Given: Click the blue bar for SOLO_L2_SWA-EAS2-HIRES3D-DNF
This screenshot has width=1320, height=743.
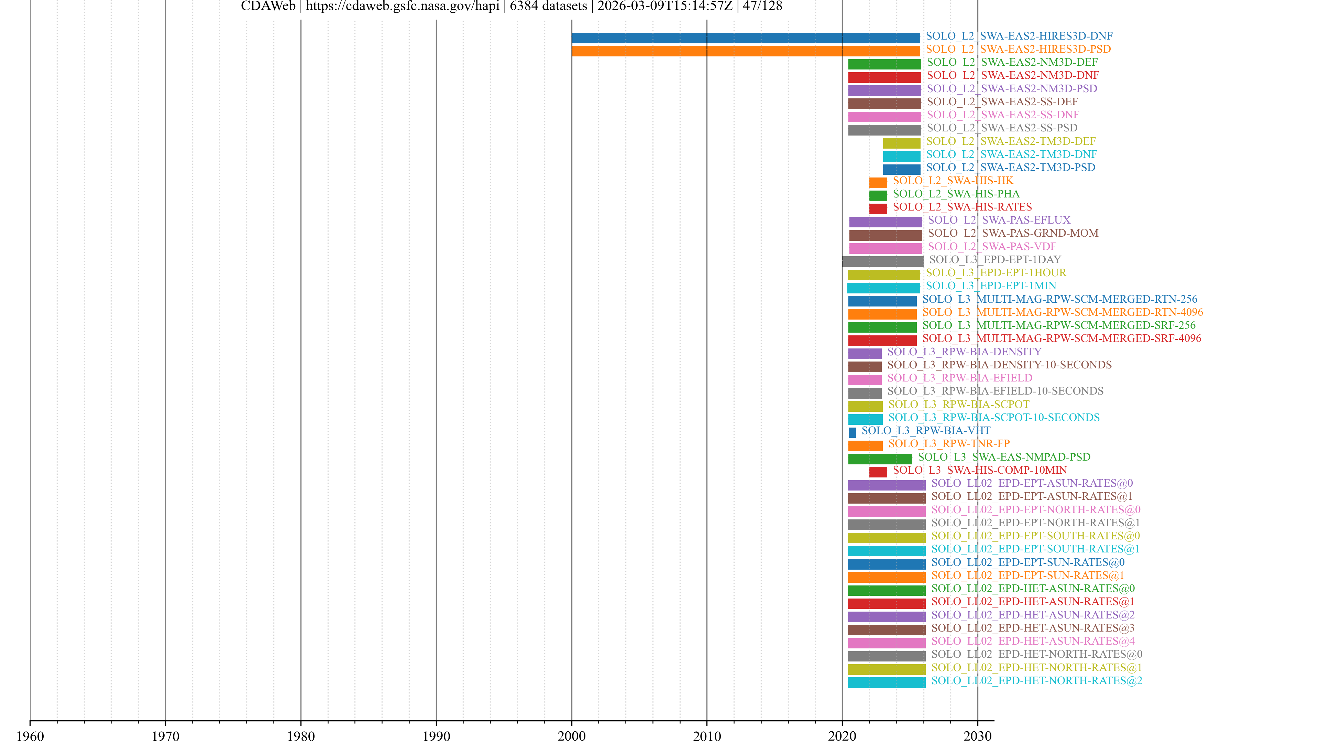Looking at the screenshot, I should pyautogui.click(x=746, y=38).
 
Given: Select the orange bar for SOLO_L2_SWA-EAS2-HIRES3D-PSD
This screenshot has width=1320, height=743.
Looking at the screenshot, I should pyautogui.click(x=746, y=51).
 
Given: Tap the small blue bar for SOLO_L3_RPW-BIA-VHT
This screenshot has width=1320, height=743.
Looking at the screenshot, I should pyautogui.click(x=852, y=433).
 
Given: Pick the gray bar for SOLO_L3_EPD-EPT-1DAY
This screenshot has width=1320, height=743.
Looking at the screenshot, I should pyautogui.click(x=882, y=261).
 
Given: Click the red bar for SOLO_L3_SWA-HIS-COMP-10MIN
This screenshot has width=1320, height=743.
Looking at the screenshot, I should pyautogui.click(x=878, y=472).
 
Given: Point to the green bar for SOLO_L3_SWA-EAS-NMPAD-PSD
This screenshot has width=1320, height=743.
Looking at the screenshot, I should pyautogui.click(x=880, y=459).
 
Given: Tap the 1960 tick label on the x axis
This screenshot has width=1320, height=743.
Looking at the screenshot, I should pyautogui.click(x=30, y=736).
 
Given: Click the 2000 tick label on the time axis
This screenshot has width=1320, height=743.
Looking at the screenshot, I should pyautogui.click(x=571, y=736).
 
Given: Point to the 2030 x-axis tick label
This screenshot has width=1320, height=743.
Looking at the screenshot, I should pyautogui.click(x=977, y=736).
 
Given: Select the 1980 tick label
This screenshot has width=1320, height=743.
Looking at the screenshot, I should pyautogui.click(x=301, y=736).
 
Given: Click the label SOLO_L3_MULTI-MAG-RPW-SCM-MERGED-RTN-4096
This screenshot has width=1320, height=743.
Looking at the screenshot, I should pyautogui.click(x=1062, y=312).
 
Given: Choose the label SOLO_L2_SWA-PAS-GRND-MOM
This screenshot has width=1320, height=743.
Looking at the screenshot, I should pyautogui.click(x=1013, y=233).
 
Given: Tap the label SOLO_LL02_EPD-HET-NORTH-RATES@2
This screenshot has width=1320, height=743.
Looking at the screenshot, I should pyautogui.click(x=1037, y=680).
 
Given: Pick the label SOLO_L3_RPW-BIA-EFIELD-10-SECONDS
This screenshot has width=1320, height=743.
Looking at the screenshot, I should pyautogui.click(x=995, y=391).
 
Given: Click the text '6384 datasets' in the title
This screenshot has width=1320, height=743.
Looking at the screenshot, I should pyautogui.click(x=548, y=6).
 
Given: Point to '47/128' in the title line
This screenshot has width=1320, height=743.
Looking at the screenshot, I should pyautogui.click(x=762, y=6).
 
